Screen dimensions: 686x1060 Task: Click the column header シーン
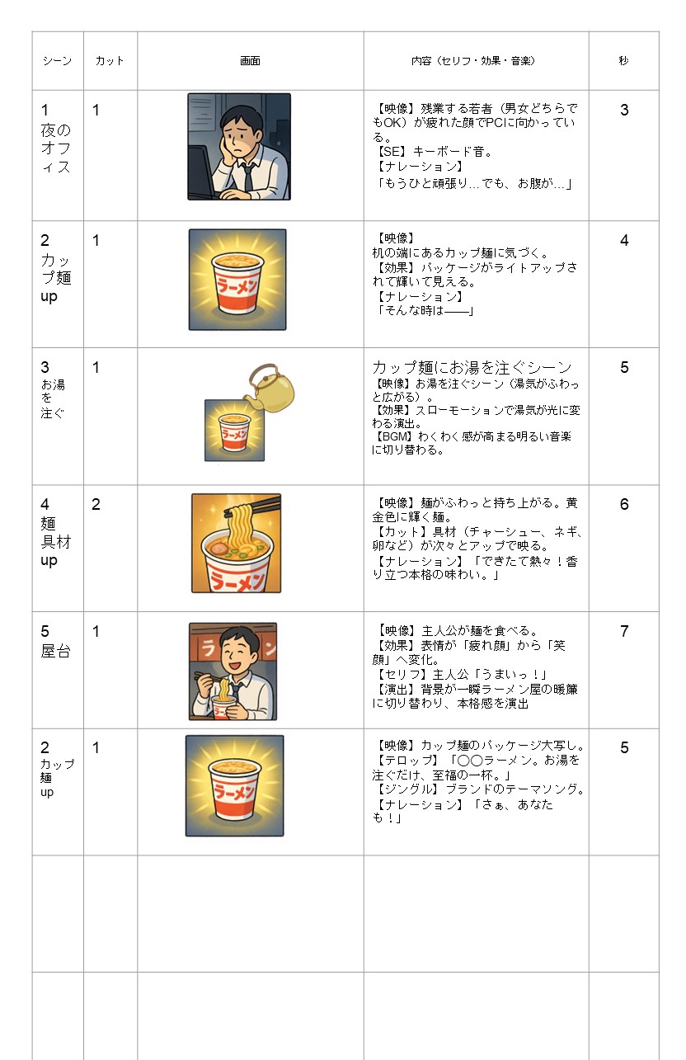[57, 60]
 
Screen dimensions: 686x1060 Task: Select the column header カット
[110, 60]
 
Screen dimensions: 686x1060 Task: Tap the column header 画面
[251, 60]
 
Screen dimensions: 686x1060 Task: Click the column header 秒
[623, 60]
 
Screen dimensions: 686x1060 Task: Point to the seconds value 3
[624, 111]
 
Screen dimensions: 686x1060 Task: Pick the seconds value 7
[624, 631]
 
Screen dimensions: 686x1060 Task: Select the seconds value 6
[624, 505]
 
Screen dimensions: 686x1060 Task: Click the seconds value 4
[624, 241]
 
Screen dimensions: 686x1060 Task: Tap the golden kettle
[270, 388]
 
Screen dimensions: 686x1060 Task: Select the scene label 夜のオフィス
[56, 148]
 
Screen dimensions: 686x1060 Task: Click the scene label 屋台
[56, 652]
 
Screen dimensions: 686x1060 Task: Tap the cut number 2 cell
[96, 505]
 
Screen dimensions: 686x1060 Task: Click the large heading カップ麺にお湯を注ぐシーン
[472, 367]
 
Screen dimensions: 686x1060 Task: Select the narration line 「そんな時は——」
[424, 310]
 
